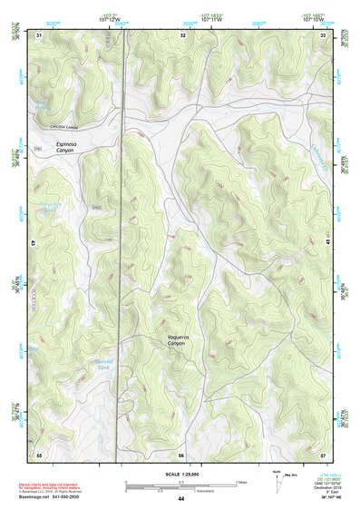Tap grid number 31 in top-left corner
(39, 34)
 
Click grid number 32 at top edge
(184, 34)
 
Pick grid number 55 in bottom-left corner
(39, 454)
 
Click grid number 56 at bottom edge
(181, 454)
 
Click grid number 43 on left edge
(33, 244)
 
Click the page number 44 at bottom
(180, 499)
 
